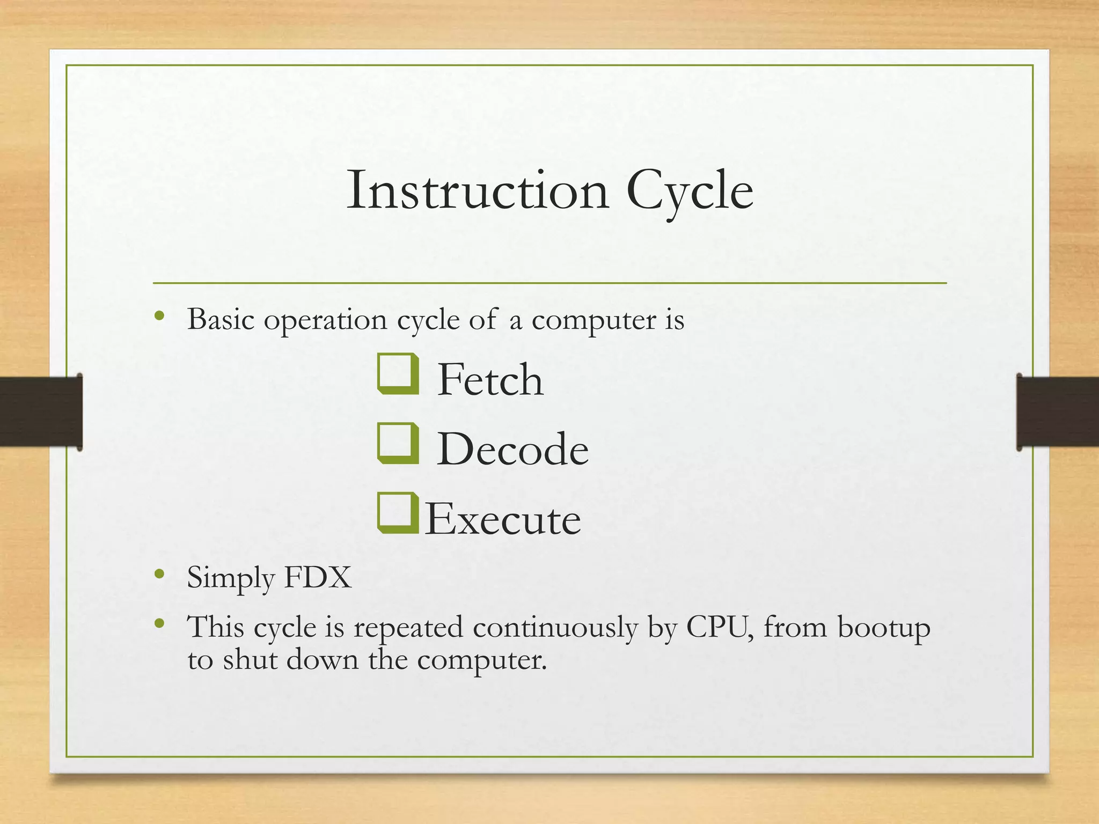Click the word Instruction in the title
tap(478, 191)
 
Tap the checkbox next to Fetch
tap(397, 374)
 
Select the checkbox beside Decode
tap(397, 443)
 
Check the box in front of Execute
tap(397, 513)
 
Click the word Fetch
tap(490, 380)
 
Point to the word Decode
tap(512, 450)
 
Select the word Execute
tap(503, 519)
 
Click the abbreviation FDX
tap(317, 578)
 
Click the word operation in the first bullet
tap(325, 321)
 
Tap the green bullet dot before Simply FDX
tap(159, 575)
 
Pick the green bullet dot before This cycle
tap(159, 623)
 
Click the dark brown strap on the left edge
tap(40, 411)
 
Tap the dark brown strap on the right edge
tap(1057, 411)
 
